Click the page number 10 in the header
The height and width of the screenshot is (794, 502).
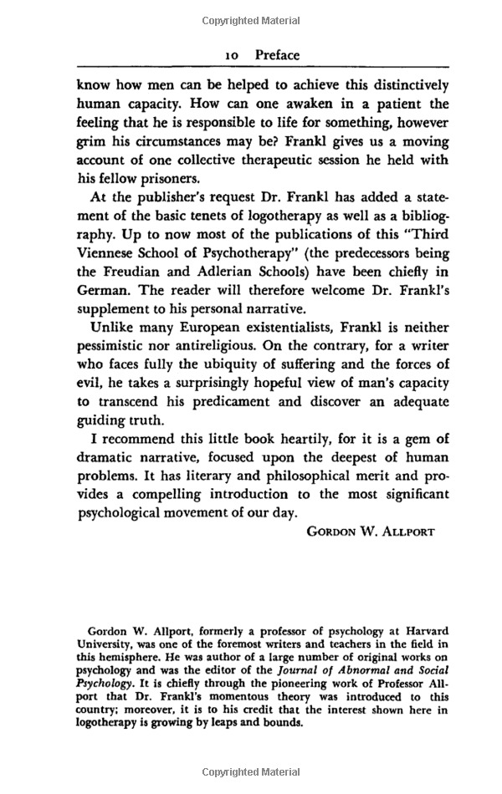point(233,55)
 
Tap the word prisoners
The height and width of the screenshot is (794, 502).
point(172,179)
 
